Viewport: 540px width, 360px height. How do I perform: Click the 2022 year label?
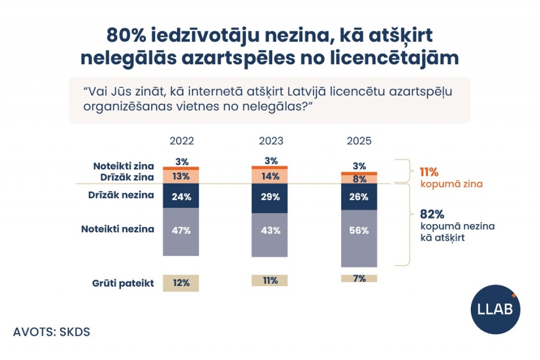click(x=181, y=141)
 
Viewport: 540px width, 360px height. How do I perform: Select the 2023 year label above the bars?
click(x=271, y=141)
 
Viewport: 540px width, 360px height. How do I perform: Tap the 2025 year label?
click(x=359, y=141)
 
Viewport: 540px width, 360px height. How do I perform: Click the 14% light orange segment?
click(x=270, y=176)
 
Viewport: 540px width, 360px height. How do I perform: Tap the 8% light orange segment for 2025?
click(x=359, y=179)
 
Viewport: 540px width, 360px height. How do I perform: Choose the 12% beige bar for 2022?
click(x=181, y=282)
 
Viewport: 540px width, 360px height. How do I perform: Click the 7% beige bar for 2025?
click(x=359, y=279)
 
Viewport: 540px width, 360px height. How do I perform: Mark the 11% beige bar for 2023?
click(x=270, y=281)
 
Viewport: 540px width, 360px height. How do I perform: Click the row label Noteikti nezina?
click(x=118, y=229)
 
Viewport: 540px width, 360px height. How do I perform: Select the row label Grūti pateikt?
click(x=123, y=282)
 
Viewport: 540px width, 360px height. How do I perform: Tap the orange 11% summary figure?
click(x=429, y=173)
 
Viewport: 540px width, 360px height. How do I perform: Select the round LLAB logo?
click(x=495, y=310)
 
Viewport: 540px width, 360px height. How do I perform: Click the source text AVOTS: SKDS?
click(x=51, y=331)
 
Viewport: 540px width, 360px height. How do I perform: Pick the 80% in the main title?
click(x=125, y=36)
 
